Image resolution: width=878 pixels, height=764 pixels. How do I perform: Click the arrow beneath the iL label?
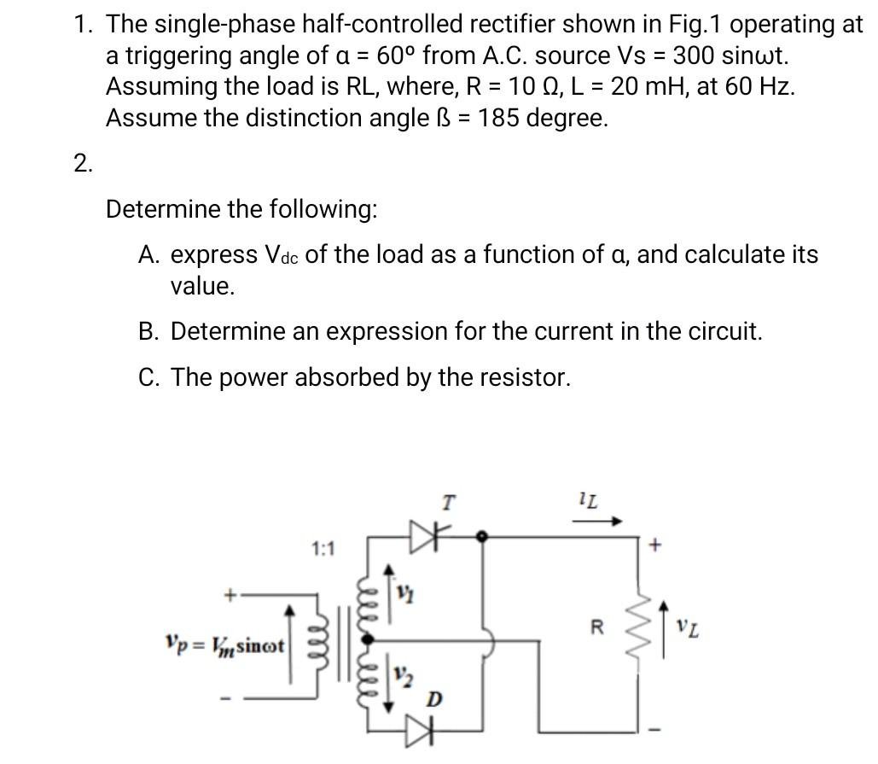[x=611, y=520]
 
